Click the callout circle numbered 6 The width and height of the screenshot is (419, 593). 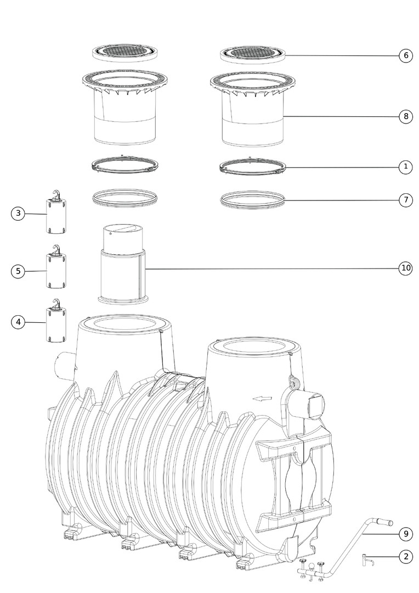406,55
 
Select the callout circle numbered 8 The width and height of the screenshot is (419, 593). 406,116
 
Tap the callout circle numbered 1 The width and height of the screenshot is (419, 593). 406,166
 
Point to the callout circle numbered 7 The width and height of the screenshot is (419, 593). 406,200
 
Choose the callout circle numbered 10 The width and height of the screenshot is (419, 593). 406,268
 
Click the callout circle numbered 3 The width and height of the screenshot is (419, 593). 18,213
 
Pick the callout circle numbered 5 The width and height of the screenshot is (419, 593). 18,271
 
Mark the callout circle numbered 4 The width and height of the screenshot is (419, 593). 18,322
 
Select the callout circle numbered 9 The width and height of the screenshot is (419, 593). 406,534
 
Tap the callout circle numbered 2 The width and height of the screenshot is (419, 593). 406,557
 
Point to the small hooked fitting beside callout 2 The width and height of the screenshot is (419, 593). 367,560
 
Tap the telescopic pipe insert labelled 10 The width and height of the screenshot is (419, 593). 123,264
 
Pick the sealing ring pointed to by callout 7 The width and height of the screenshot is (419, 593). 252,199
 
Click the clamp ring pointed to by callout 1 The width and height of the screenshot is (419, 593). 252,166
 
